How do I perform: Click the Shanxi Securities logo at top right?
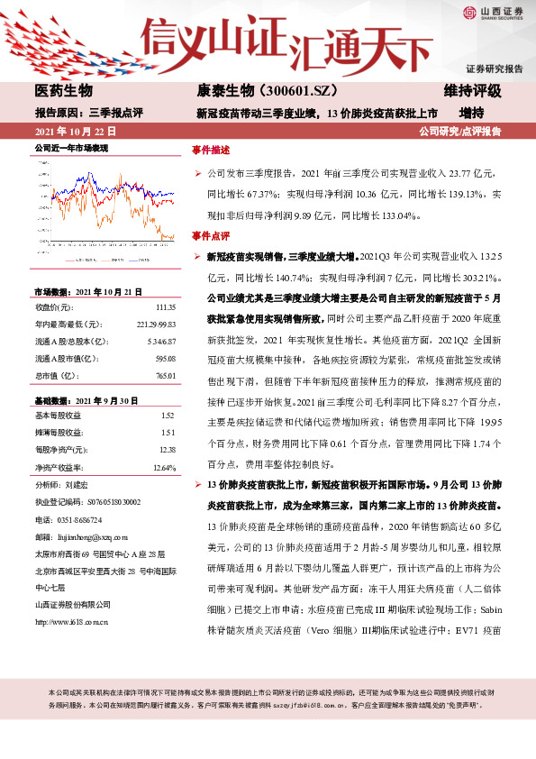coord(491,12)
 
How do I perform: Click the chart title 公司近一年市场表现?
coord(71,146)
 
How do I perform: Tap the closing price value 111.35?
coord(165,307)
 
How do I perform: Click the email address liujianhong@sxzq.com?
coord(91,534)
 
